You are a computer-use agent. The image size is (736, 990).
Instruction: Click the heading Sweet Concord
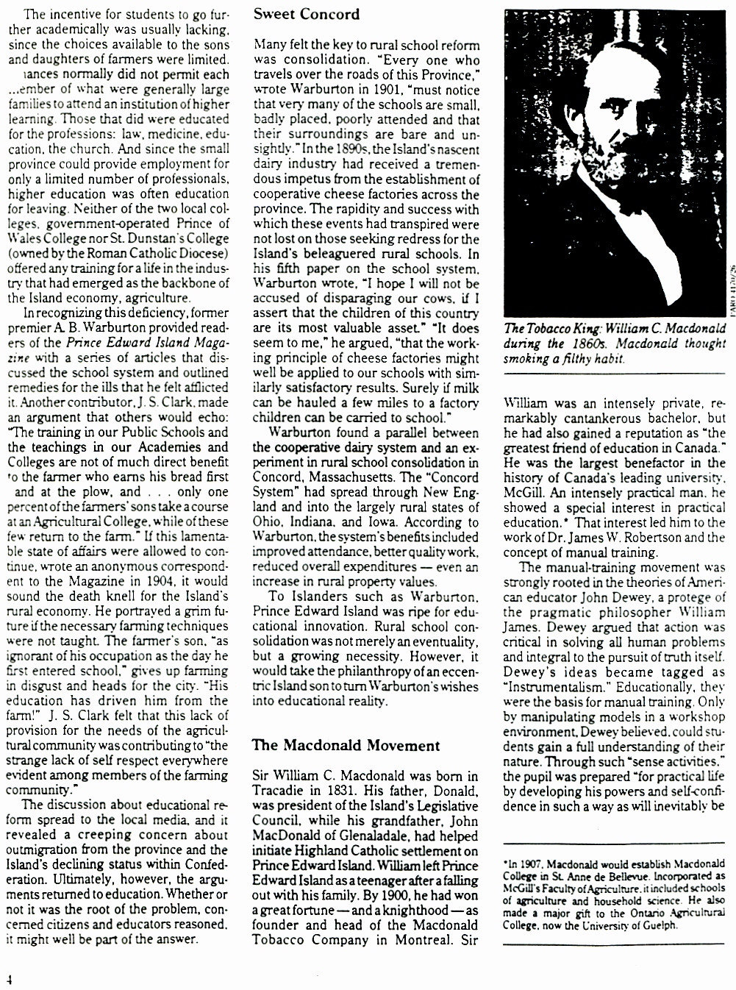pos(307,14)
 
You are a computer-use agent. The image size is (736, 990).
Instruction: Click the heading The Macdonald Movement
pos(346,745)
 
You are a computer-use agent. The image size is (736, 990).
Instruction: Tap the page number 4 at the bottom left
pos(9,980)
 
